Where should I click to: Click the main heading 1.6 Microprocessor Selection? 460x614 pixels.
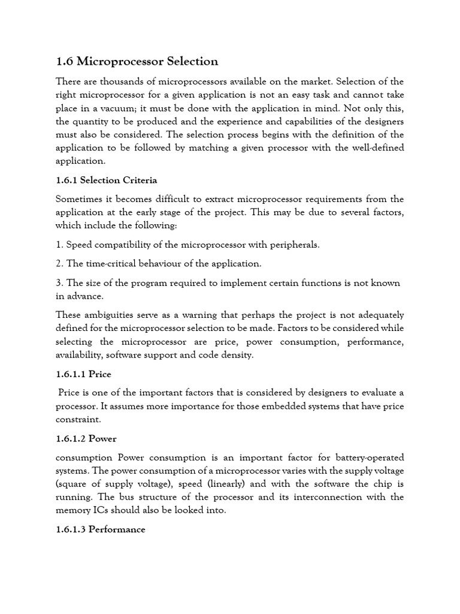coord(137,61)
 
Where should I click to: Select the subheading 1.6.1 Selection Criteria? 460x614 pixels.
coord(106,180)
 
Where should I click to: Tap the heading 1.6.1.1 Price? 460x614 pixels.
coord(83,374)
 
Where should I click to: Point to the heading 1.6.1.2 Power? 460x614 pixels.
coord(86,438)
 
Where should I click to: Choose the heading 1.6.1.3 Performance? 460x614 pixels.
coord(100,529)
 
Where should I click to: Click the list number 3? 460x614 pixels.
coord(58,283)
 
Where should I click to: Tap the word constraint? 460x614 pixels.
coord(77,419)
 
